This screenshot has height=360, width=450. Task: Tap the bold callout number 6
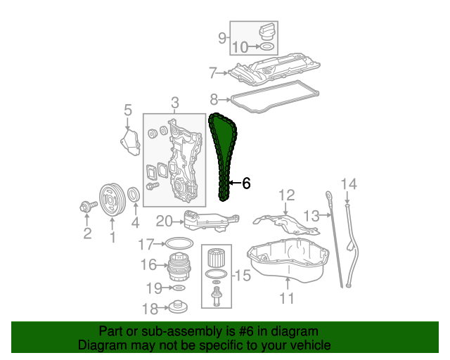click(246, 183)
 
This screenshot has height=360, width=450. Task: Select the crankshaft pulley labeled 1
click(112, 200)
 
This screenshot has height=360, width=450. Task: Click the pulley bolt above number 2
click(88, 206)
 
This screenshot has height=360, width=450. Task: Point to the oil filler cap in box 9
click(267, 32)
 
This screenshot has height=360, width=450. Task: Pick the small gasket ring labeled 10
click(266, 46)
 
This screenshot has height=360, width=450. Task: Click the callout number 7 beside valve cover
click(212, 72)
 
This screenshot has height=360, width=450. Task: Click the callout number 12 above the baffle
click(287, 195)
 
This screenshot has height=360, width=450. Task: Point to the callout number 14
click(349, 184)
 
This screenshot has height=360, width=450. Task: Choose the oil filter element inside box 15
click(216, 257)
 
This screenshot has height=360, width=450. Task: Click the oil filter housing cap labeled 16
click(179, 266)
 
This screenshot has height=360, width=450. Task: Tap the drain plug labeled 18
click(178, 307)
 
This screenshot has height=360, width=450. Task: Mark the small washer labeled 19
click(179, 288)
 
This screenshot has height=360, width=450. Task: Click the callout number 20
click(165, 221)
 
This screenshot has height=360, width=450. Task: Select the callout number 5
click(128, 110)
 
